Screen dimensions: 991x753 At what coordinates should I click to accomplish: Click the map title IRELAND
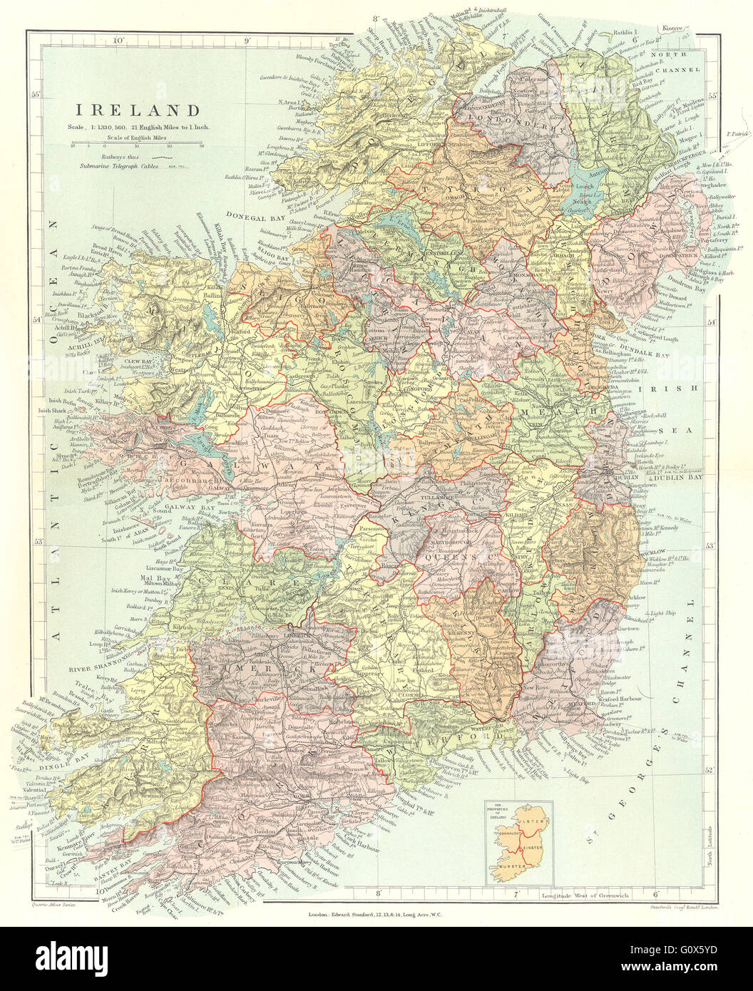pos(138,111)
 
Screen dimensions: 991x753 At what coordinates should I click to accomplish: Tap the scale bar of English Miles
pos(138,143)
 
